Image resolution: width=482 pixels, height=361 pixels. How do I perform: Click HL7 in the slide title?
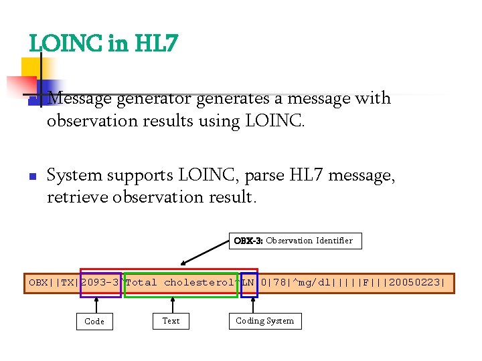pos(156,44)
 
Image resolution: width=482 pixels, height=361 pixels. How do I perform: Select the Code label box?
pos(94,322)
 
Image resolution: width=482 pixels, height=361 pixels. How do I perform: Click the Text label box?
pos(171,321)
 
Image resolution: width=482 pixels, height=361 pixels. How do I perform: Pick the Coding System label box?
pos(264,321)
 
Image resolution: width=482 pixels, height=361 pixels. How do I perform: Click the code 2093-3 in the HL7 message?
pos(100,283)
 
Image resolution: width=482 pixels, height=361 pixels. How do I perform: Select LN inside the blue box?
pos(248,283)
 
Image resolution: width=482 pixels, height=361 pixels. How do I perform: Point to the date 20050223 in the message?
pos(416,283)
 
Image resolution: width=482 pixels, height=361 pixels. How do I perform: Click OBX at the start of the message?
pos(37,283)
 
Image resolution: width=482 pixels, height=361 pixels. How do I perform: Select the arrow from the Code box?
pos(97,305)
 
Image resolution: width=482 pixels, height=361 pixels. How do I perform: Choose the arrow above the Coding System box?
pos(253,304)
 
